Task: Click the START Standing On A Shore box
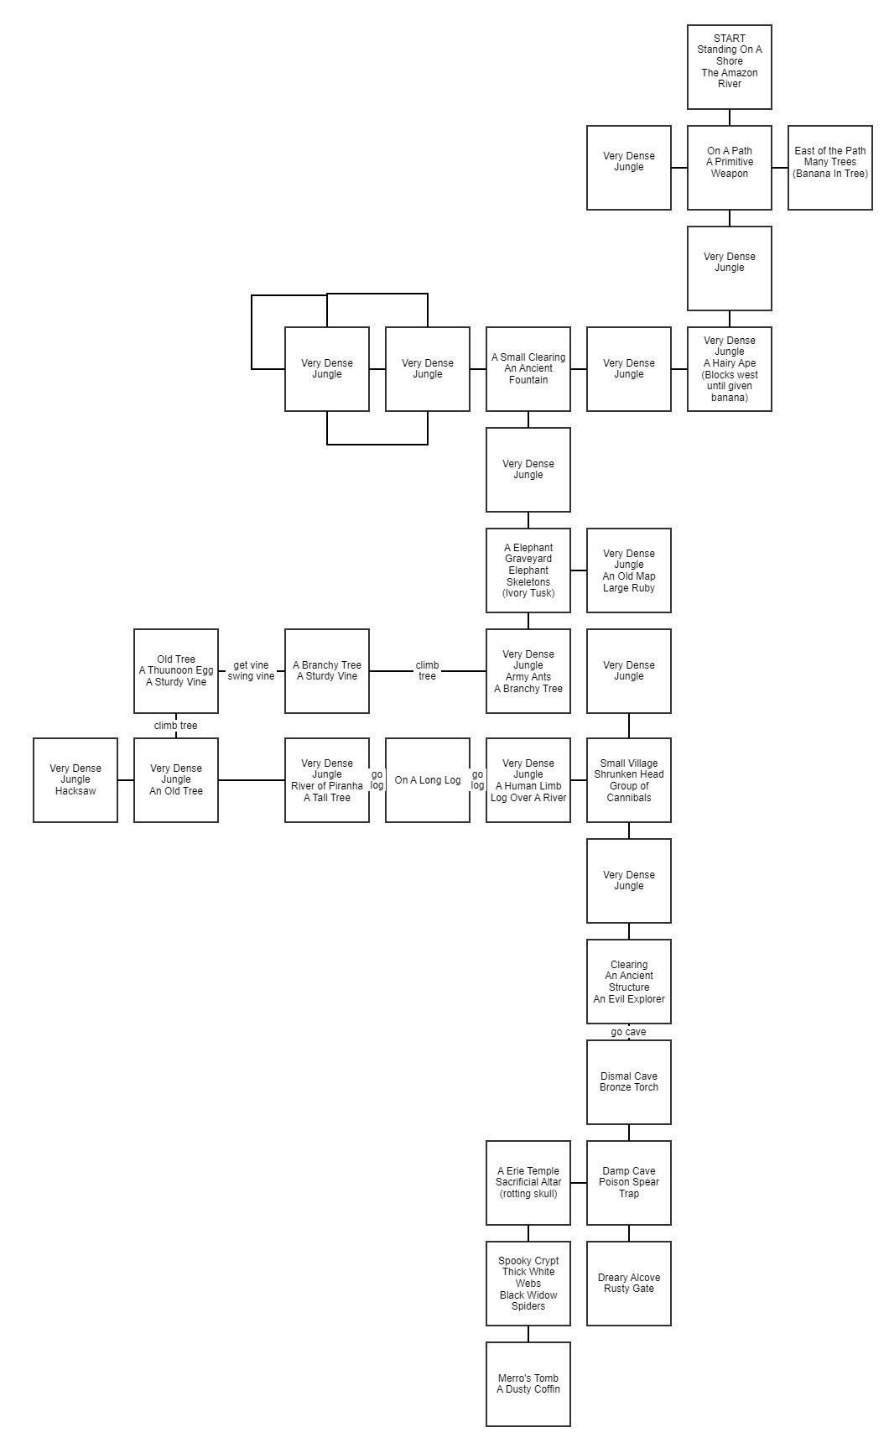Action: click(730, 67)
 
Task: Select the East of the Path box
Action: click(830, 168)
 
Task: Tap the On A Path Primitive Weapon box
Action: click(730, 168)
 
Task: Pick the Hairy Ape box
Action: click(730, 369)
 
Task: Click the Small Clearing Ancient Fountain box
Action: click(528, 369)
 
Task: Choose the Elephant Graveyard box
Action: click(528, 570)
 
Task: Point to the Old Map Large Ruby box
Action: click(629, 570)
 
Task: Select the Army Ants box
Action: click(528, 671)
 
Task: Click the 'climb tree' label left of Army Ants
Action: click(428, 671)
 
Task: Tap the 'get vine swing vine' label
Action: click(251, 671)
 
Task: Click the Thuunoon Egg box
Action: click(176, 671)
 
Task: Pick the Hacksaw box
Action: click(75, 780)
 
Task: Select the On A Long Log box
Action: click(428, 780)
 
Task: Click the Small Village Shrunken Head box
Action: click(629, 780)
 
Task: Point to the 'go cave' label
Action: click(629, 1032)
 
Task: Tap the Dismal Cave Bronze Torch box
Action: click(629, 1082)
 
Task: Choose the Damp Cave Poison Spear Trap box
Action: click(629, 1183)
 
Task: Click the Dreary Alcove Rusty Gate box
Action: click(629, 1284)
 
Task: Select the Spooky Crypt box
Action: click(528, 1284)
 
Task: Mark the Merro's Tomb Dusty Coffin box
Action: click(528, 1384)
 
